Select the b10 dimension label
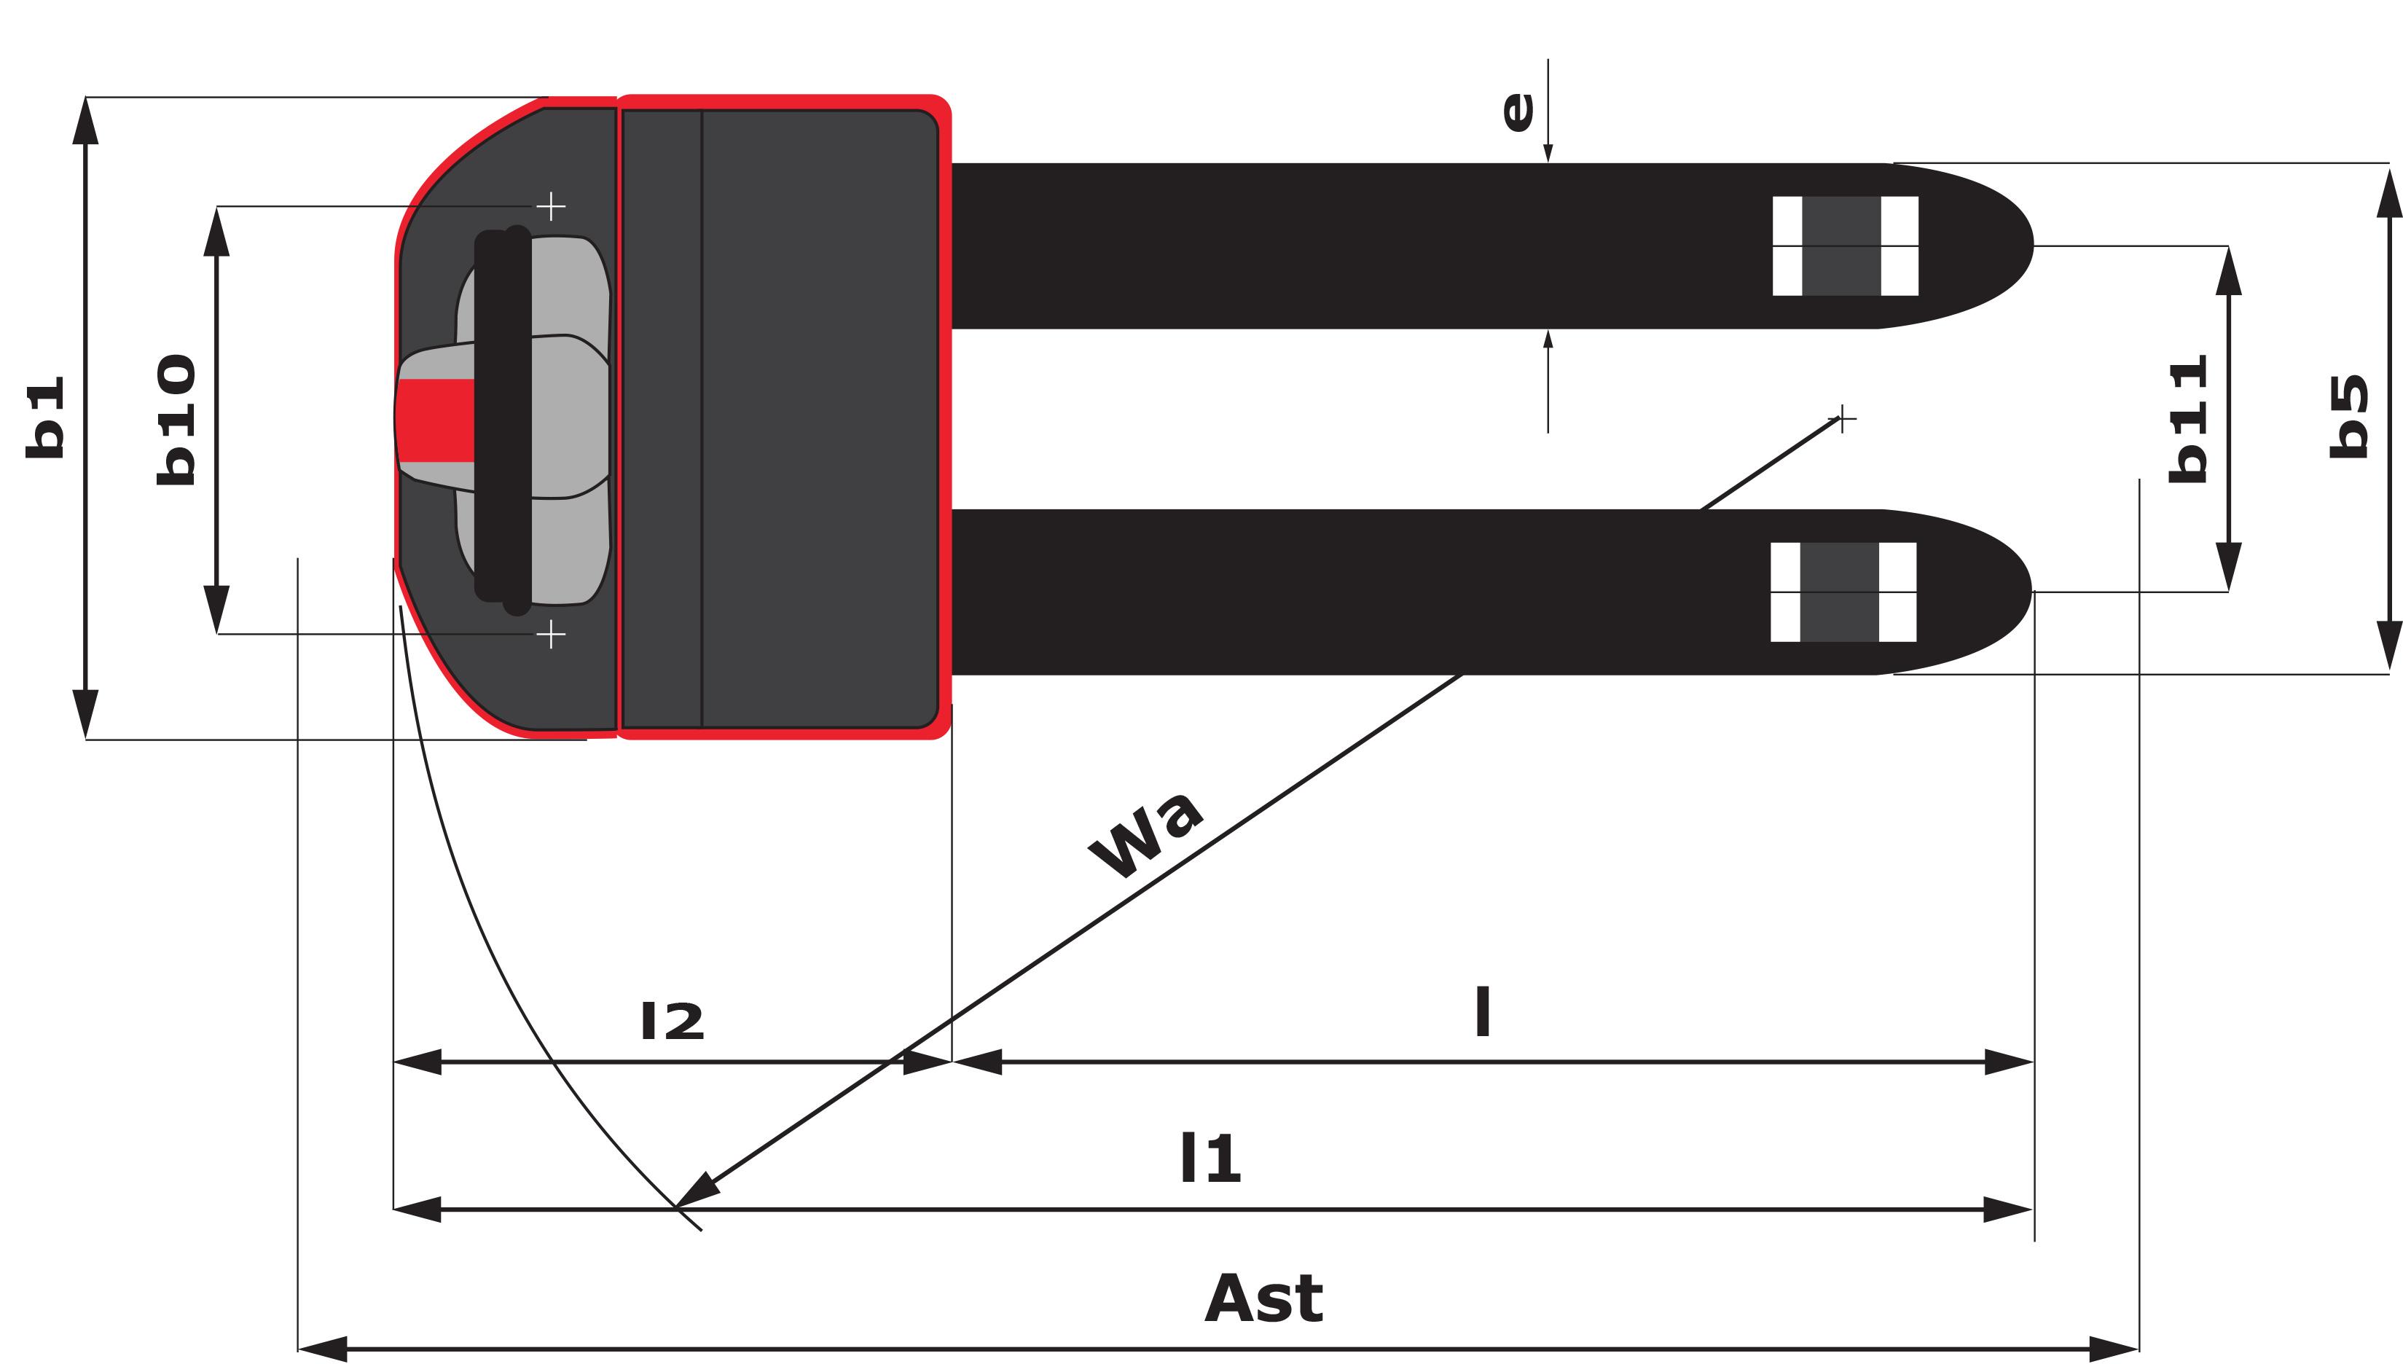(x=176, y=420)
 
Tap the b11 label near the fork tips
(x=2189, y=419)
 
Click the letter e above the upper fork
(x=1518, y=111)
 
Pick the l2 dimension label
(x=672, y=1021)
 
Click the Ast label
(x=1264, y=1298)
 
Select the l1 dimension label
(x=1210, y=1159)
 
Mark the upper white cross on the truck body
(x=551, y=206)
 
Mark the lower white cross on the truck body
(x=551, y=635)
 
